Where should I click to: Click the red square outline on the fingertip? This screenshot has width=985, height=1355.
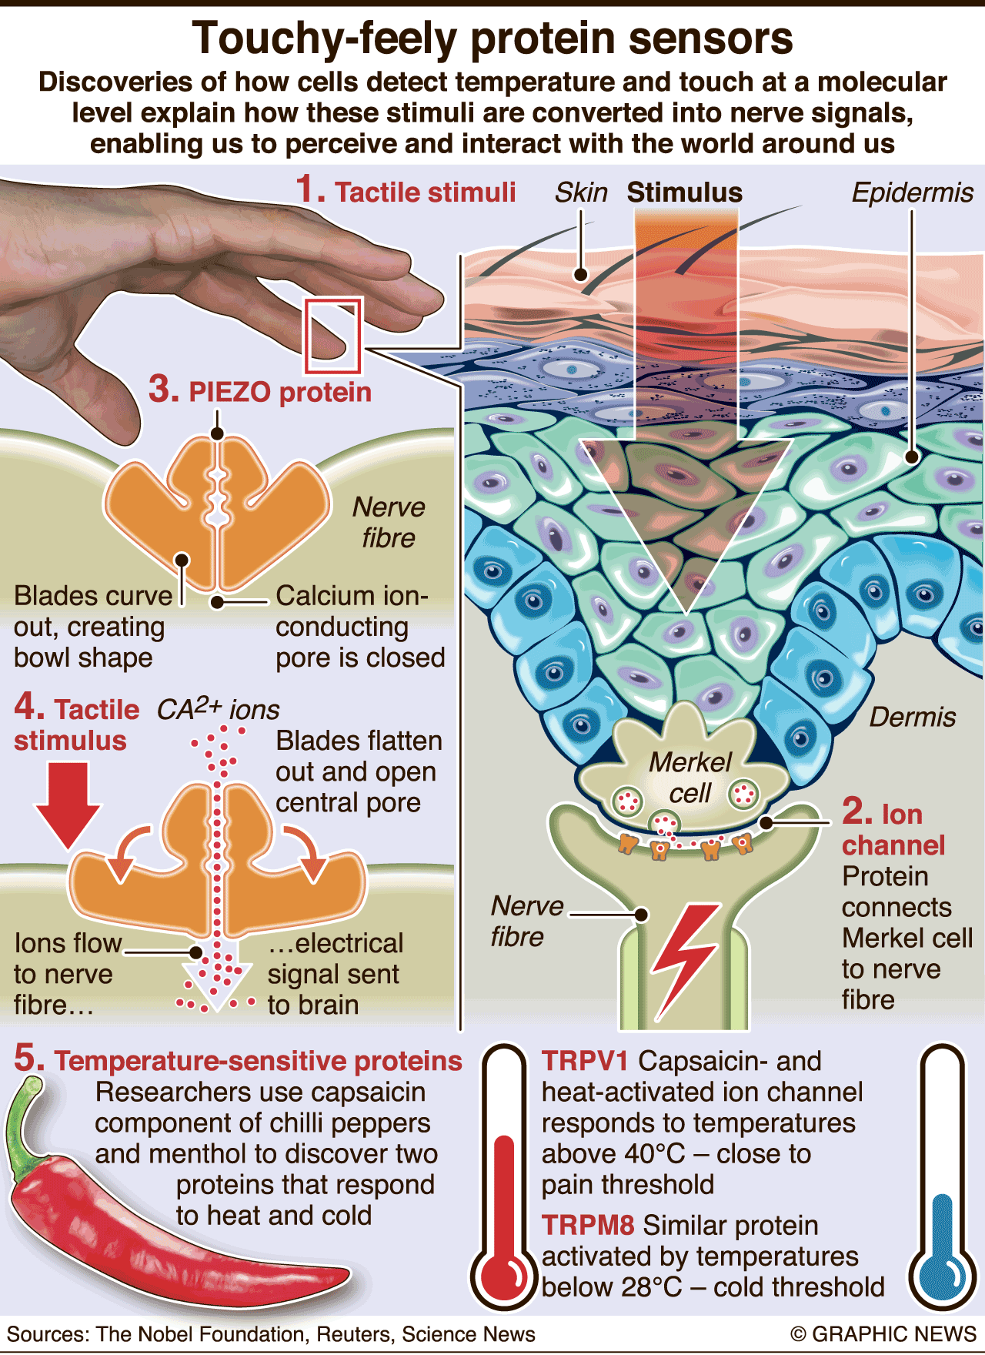point(333,336)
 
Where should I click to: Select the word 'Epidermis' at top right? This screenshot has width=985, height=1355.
point(912,192)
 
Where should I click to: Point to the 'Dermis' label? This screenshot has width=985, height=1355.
point(912,718)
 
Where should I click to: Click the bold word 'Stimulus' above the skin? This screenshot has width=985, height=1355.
point(684,192)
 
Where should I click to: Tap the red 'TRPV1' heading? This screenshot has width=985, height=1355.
point(585,1061)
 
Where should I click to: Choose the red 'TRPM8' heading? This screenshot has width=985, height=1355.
point(589,1225)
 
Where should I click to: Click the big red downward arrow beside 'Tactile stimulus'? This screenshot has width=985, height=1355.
point(68,805)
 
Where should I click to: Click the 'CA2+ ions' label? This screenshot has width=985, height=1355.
point(218,709)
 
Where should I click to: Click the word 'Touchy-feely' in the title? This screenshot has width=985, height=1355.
point(324,38)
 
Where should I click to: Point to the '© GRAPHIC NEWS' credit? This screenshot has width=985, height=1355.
point(883,1334)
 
